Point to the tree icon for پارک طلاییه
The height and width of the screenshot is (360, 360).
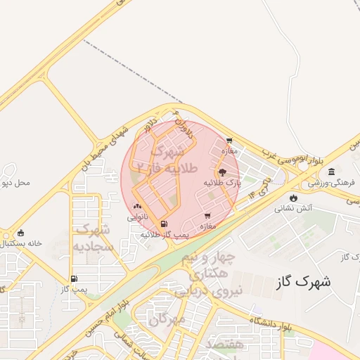(223, 171)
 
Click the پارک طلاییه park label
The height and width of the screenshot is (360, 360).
(223, 182)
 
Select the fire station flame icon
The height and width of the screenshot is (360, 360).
(293, 198)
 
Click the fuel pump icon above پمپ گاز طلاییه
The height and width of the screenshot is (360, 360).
(164, 224)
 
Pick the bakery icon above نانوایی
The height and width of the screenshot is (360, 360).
(137, 207)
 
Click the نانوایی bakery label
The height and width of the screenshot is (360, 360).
(137, 217)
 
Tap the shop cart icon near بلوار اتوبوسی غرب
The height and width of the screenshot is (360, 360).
(229, 141)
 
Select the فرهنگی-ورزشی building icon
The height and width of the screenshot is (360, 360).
(331, 172)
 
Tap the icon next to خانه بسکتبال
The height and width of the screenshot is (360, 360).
(20, 233)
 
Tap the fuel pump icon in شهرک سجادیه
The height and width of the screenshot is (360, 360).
(74, 278)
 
